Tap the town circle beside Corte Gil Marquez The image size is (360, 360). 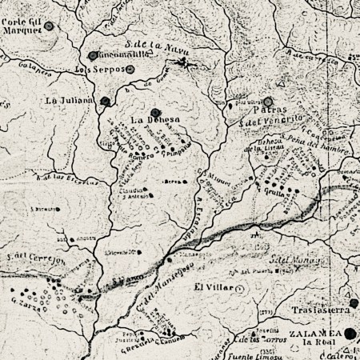pos(50,26)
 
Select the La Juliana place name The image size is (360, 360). pos(64,101)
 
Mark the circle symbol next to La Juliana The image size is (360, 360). pos(105,101)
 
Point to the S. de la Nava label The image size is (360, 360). pos(150,46)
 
